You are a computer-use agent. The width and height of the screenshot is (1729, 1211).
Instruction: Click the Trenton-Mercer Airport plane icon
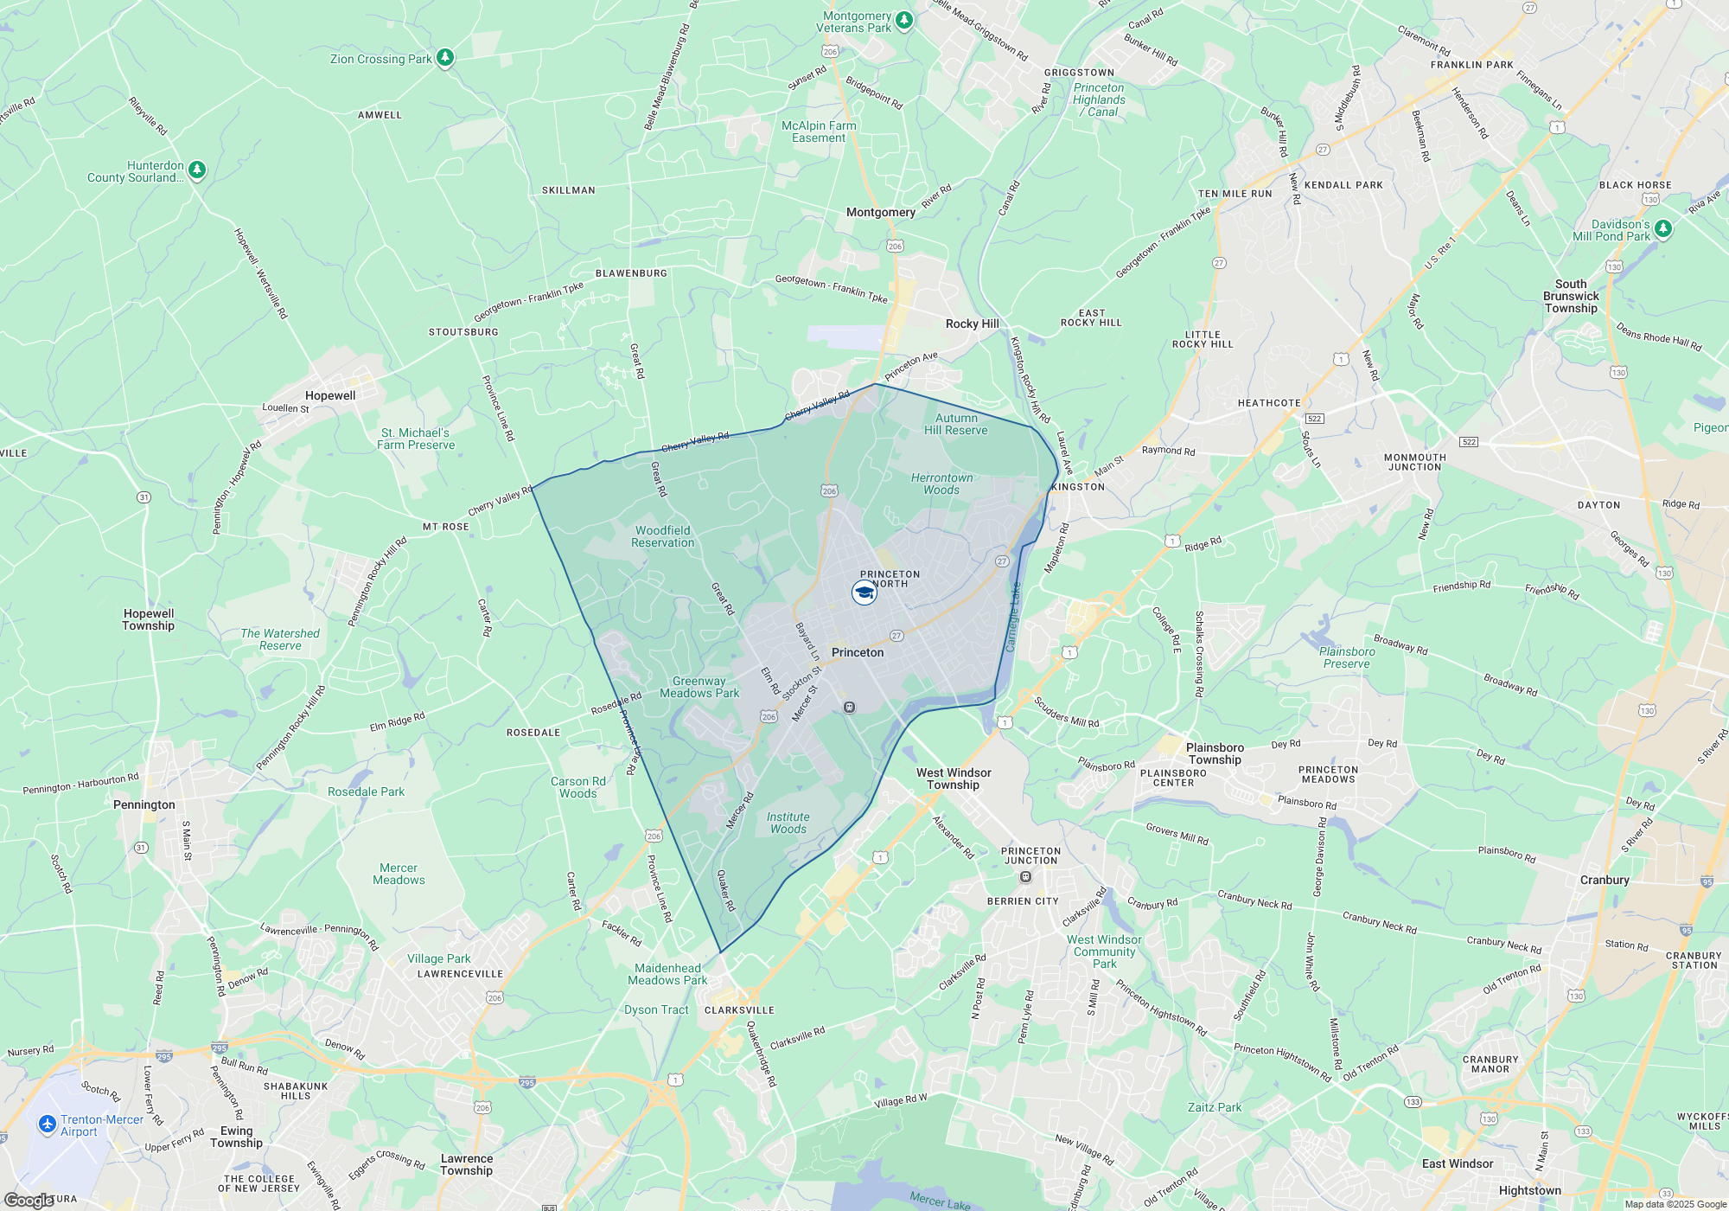coord(48,1124)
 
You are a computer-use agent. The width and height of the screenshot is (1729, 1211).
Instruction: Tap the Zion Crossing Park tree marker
coord(445,58)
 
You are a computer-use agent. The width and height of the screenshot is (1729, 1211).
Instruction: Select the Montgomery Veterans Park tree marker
coord(903,20)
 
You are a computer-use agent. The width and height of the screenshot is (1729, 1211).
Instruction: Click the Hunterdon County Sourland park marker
coord(197,170)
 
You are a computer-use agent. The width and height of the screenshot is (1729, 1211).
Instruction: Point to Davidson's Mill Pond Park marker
coord(1663,229)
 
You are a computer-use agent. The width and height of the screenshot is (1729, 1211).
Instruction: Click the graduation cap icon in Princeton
coord(864,593)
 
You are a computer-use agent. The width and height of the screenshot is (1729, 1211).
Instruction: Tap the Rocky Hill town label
coord(972,324)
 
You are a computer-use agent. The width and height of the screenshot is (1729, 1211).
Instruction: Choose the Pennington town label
coord(144,804)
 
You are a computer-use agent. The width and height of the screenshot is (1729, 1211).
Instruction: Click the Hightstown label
coord(1529,1190)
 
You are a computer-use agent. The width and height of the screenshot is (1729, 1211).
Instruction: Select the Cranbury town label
coord(1605,880)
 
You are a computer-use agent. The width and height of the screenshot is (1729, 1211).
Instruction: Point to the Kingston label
coord(1078,487)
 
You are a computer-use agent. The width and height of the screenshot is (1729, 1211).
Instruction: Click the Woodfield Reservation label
coord(663,536)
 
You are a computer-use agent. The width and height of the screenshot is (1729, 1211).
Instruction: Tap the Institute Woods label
coord(788,823)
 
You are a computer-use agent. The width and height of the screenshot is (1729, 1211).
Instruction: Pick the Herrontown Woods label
coord(941,484)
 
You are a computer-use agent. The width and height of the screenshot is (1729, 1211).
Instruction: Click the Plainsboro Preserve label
coord(1347,657)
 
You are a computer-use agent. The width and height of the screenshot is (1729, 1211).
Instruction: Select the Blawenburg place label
coord(631,273)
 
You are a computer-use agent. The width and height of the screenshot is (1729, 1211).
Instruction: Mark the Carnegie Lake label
coord(1014,618)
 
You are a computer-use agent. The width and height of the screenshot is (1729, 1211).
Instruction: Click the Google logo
coord(29,1201)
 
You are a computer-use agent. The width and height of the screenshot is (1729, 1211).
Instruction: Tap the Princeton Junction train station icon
coord(1026,877)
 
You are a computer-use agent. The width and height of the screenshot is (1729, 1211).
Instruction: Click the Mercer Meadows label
coord(399,874)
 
